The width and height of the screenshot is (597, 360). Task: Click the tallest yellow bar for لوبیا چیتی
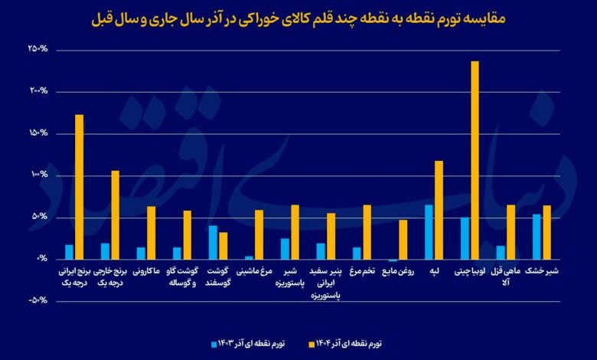coord(475,161)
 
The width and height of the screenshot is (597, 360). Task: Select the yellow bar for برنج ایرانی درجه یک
coord(79,187)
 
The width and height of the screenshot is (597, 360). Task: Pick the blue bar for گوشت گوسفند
coord(213,243)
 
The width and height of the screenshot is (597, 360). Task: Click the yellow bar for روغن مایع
coord(403,240)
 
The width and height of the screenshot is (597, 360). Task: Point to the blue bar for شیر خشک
coord(537,237)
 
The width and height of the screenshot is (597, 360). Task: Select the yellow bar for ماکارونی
coord(151,233)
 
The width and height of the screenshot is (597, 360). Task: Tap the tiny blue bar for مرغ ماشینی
coord(249,257)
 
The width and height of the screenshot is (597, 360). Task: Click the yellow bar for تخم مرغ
coord(367,232)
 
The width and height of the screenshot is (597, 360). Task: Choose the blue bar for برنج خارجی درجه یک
coord(106,251)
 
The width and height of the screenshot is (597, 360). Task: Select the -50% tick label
coord(37,300)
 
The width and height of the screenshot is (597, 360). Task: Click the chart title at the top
coord(298,17)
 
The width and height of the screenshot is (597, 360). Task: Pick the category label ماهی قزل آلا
coord(506,276)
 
